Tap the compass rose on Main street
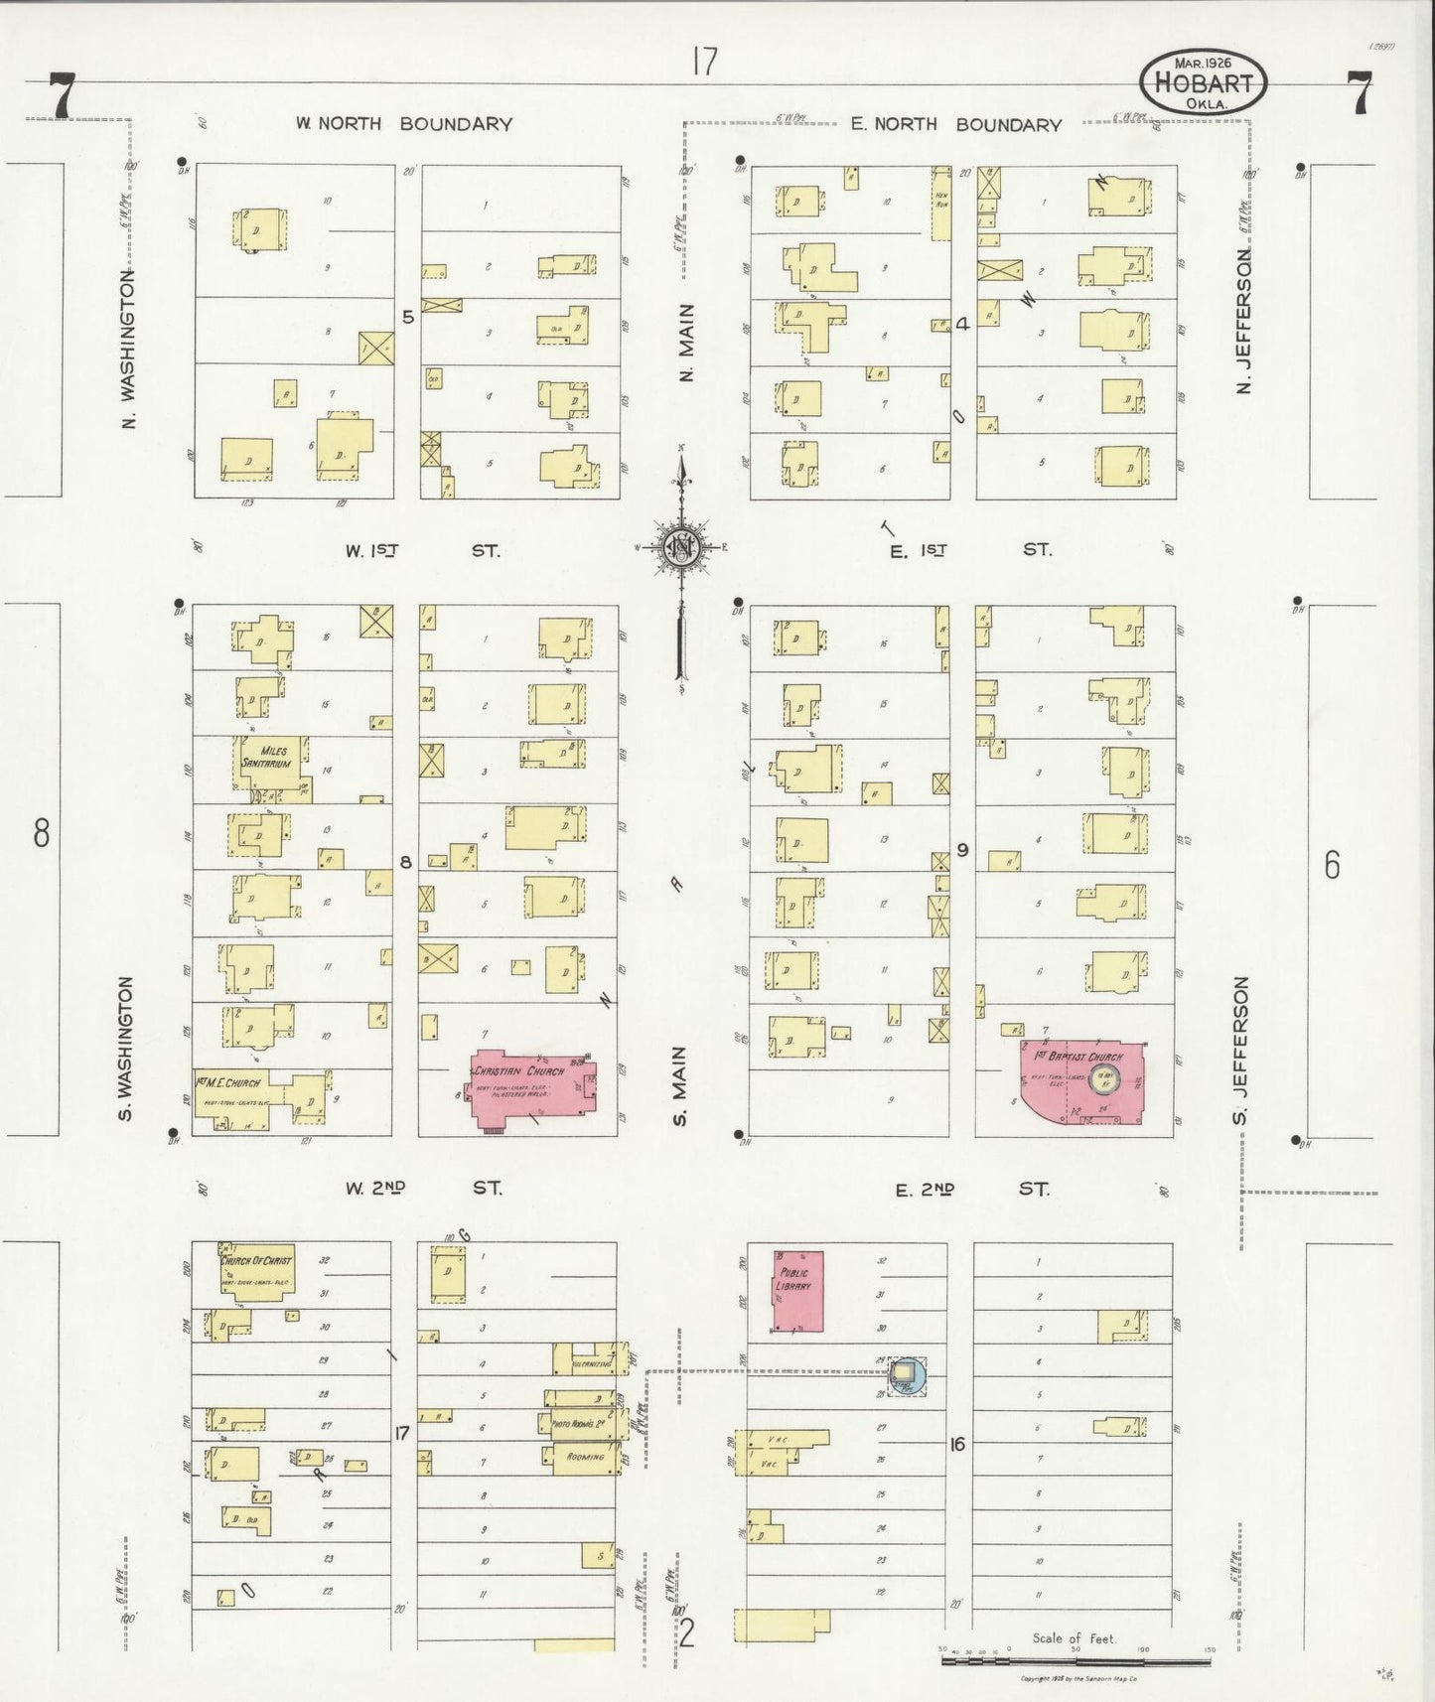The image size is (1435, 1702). point(682,547)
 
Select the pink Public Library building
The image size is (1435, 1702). point(798,1291)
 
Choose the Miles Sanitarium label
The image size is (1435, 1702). point(268,757)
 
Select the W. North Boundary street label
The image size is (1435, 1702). point(403,124)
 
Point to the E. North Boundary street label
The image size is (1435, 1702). point(955,124)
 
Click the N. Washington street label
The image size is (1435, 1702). point(130,350)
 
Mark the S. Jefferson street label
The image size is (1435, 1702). point(1241,1051)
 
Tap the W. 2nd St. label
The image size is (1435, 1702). point(423,1188)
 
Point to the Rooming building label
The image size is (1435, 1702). point(585,1457)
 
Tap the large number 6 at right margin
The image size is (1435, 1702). point(1331,865)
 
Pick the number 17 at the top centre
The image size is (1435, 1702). point(705,63)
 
